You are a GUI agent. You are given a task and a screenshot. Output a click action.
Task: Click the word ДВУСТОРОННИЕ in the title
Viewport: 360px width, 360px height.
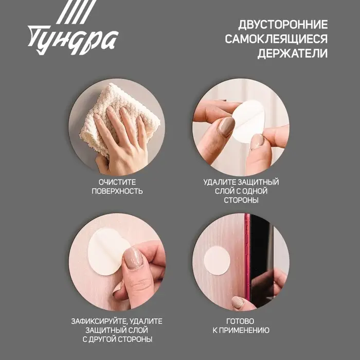283,25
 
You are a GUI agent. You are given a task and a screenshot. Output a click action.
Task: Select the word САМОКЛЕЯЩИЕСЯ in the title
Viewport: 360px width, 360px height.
276,39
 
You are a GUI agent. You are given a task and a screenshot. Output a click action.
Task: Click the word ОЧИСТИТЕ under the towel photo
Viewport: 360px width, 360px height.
117,182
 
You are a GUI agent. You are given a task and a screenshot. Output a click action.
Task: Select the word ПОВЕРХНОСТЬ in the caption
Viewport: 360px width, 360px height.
117,191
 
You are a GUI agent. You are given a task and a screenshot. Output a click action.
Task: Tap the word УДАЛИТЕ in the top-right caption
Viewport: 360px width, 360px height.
222,182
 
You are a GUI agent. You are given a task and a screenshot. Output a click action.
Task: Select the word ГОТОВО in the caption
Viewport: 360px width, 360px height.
241,321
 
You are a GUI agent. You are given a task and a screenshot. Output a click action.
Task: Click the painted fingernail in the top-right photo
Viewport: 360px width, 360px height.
227,126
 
